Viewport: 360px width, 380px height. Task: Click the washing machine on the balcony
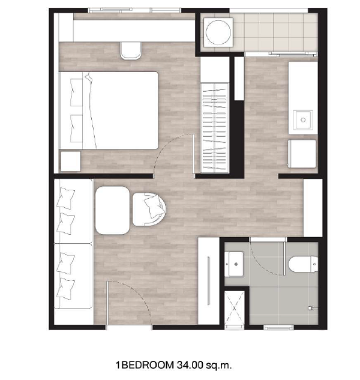(218, 32)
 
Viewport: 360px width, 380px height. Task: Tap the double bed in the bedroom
(109, 110)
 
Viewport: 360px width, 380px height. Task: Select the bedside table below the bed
(70, 161)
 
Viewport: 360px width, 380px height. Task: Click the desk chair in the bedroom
(131, 50)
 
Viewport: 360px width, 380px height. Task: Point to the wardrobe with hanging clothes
(215, 128)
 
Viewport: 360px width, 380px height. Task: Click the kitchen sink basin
(303, 119)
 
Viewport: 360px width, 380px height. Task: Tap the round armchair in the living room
(149, 210)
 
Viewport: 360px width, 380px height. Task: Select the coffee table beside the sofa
(113, 210)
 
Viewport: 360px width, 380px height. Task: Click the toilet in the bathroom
(303, 264)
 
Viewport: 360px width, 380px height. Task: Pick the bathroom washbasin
(234, 264)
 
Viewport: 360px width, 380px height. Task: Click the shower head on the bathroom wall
(313, 309)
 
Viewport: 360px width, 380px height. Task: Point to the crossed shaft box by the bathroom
(234, 308)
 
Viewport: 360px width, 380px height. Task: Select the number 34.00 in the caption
(190, 365)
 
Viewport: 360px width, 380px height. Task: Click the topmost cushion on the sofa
(65, 198)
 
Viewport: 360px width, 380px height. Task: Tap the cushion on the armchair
(154, 207)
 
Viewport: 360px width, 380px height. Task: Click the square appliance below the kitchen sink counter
(302, 154)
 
